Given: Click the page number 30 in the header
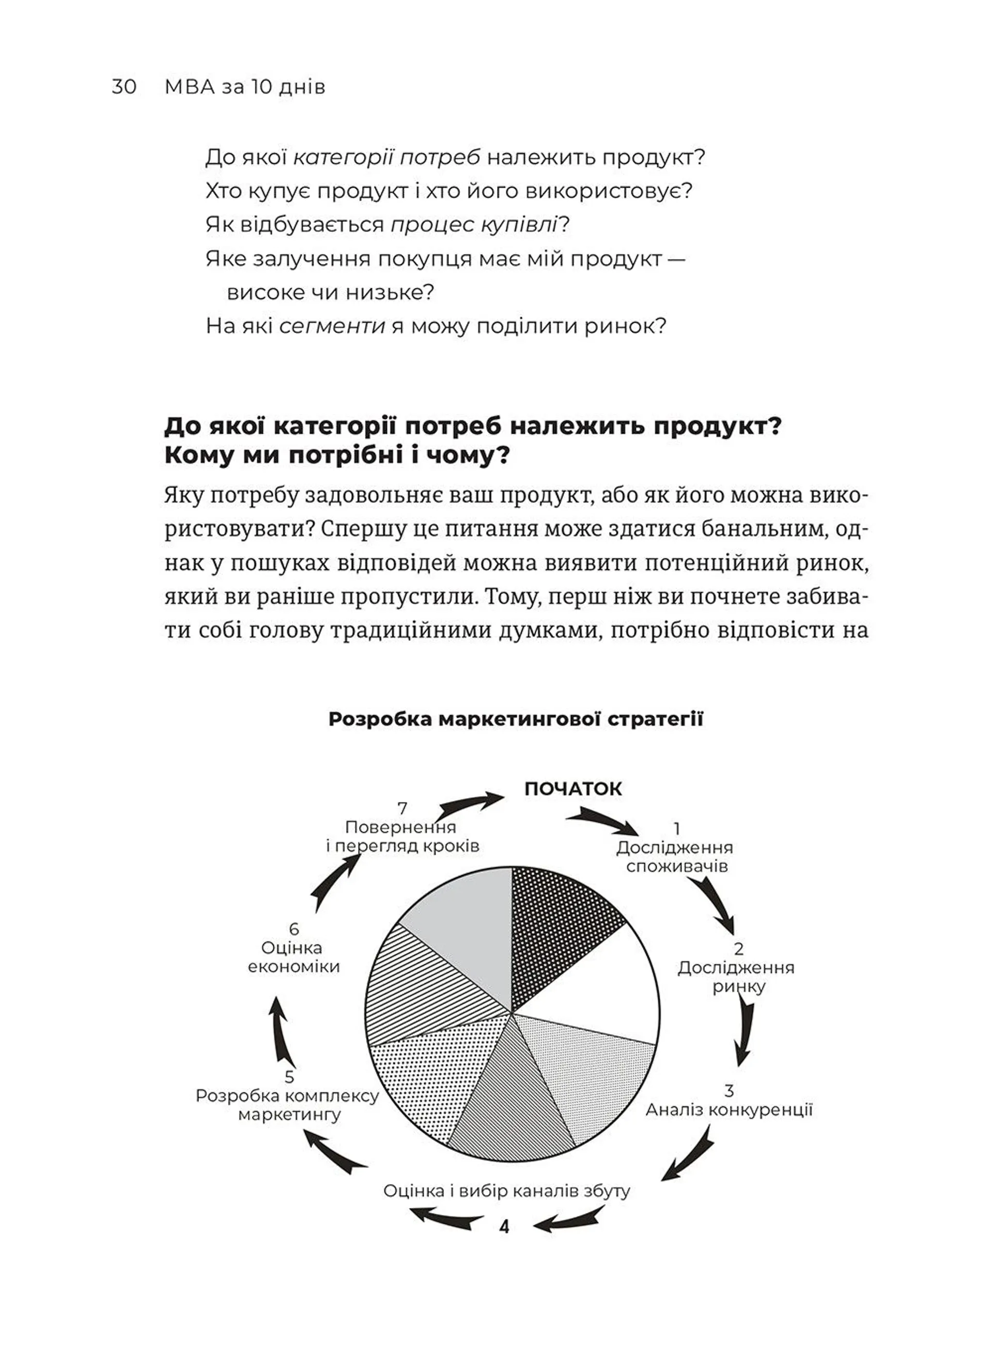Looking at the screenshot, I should click(124, 87).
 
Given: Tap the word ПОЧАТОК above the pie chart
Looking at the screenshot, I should click(572, 789).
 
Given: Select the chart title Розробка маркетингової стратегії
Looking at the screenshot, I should click(516, 720).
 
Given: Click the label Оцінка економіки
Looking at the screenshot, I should click(294, 957).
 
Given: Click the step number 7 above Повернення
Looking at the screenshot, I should click(402, 808).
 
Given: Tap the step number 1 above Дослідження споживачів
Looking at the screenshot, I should click(677, 829).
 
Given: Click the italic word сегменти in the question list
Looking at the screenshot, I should click(332, 326).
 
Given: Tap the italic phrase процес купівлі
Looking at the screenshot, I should click(474, 225).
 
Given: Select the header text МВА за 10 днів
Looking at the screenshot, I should click(244, 87).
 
